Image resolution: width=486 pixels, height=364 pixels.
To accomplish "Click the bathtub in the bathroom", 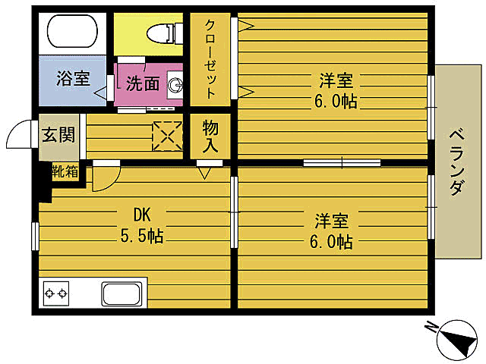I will pyautogui.click(x=71, y=32).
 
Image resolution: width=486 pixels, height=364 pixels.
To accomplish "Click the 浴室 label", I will pyautogui.click(x=73, y=79).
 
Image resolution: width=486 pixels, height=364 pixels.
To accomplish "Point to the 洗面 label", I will pyautogui.click(x=142, y=83).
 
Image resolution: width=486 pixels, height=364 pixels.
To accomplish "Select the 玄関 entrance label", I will pyautogui.click(x=58, y=136).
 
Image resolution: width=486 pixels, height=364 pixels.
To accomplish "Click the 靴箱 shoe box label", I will pyautogui.click(x=65, y=171).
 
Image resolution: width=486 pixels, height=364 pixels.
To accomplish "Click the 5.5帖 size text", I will pyautogui.click(x=141, y=236).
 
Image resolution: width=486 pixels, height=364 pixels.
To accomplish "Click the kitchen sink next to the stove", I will pyautogui.click(x=124, y=293).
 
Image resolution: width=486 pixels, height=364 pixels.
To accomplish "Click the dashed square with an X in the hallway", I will pyautogui.click(x=167, y=135).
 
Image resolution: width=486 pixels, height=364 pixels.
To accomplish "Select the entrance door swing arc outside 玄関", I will pyautogui.click(x=18, y=136).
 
